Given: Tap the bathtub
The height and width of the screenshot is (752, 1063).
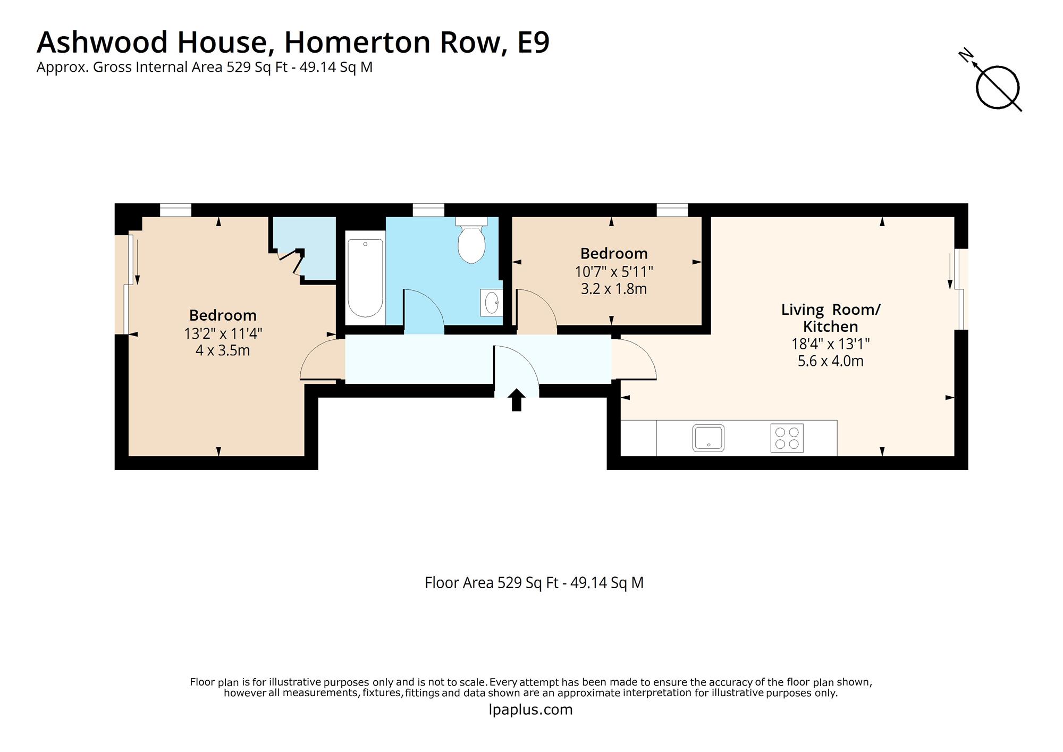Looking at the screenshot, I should coord(365,278).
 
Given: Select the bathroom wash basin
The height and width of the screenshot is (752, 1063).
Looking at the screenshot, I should coord(492,303).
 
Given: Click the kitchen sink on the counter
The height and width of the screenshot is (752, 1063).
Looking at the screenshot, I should coord(708,438).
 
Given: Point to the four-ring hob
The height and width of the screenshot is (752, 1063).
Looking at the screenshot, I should coord(787,438).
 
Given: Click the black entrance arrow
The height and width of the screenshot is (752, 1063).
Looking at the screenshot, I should coord(516,400).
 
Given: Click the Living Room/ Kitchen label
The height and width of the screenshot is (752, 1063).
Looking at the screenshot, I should coord(830,318).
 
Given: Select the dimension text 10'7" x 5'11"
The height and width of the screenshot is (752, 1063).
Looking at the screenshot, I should coord(614,272).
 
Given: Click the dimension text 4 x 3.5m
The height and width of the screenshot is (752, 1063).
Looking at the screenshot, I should coord(223,350).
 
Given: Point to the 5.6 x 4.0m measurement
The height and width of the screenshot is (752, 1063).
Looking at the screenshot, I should coord(830,361).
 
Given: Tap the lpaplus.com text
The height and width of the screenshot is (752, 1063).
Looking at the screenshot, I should coord(530,709).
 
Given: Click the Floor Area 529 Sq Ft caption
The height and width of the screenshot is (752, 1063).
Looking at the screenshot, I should coord(534,583).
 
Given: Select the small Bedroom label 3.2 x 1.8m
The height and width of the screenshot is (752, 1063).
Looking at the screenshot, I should coord(614,289).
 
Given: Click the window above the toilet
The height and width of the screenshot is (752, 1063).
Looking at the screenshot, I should coord(428,211).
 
